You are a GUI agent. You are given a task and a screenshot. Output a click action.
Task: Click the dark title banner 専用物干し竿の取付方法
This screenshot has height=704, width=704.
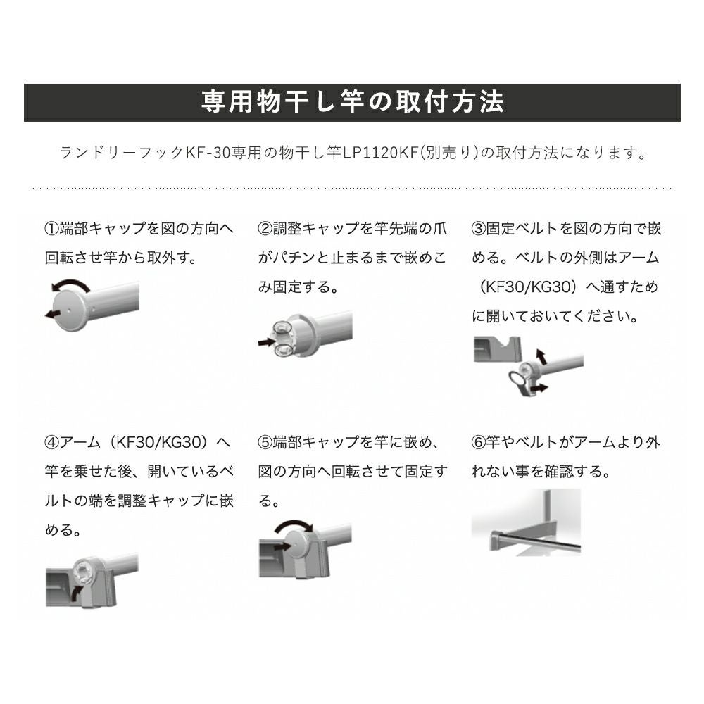pyautogui.click(x=352, y=103)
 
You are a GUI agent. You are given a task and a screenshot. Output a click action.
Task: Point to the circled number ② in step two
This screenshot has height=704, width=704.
pyautogui.click(x=265, y=229)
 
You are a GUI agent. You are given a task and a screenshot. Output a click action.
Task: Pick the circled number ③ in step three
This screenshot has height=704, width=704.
pyautogui.click(x=478, y=229)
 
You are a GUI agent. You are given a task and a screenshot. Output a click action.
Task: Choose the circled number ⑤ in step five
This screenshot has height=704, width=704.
pyautogui.click(x=265, y=443)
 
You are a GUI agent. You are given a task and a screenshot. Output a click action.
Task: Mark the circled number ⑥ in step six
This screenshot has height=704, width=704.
pyautogui.click(x=478, y=443)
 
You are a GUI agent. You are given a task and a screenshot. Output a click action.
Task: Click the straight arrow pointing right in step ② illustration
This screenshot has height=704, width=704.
pyautogui.click(x=265, y=342)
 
